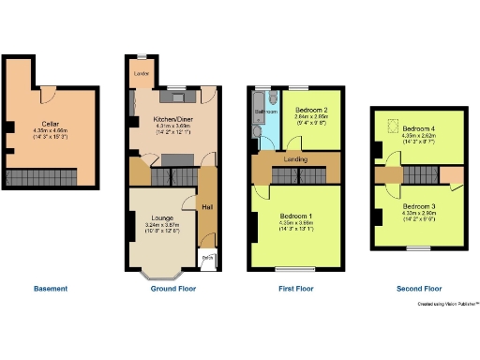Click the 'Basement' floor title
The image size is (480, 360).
coord(51,289)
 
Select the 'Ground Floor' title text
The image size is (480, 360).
coord(172,289)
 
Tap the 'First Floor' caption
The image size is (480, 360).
coord(295,289)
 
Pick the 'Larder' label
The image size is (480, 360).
coord(143,72)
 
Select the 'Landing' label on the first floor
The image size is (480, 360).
coord(296,159)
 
